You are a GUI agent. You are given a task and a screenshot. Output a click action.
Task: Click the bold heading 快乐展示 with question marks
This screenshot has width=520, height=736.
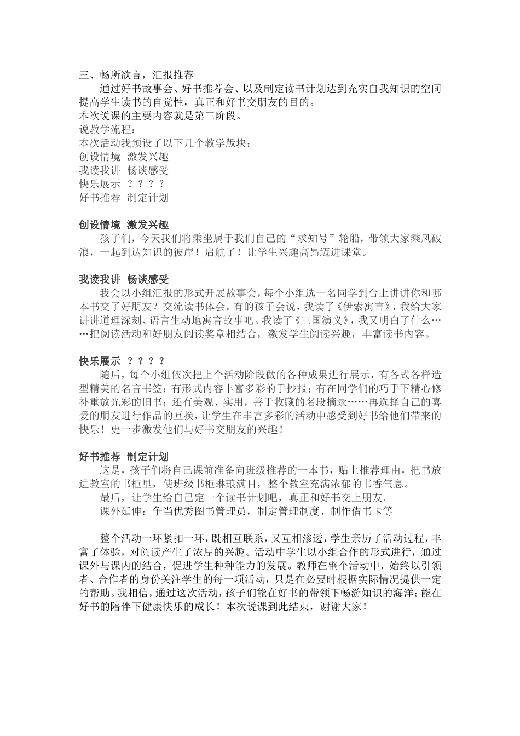122,361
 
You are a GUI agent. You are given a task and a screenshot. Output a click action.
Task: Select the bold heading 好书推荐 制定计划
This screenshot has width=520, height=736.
124,456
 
